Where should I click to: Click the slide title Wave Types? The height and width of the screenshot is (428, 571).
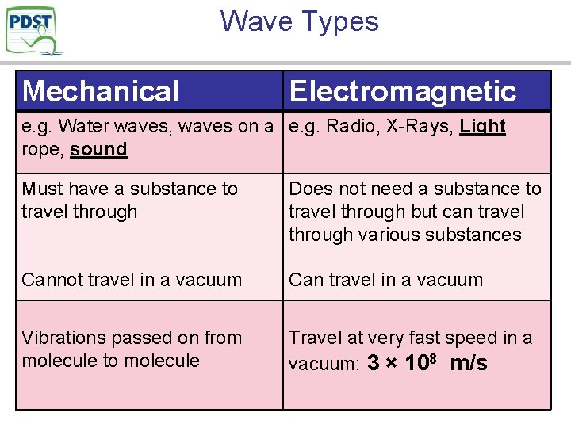300,21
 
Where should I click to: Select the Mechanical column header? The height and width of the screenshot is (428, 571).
101,91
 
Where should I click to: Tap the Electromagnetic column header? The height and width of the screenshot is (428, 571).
403,91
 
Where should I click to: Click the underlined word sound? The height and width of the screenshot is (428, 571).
98,149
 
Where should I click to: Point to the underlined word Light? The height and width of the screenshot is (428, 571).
483,126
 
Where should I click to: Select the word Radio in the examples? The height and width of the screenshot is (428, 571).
347,126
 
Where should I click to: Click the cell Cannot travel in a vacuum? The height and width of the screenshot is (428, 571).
132,280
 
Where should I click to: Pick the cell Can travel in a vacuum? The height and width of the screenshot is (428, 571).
385,280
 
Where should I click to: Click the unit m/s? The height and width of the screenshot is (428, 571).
469,363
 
